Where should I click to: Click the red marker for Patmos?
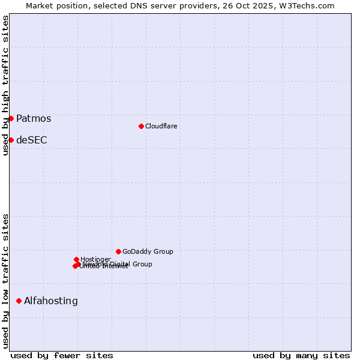pyautogui.click(x=11, y=118)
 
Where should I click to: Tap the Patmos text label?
pyautogui.click(x=34, y=119)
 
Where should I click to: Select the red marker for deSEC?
pyautogui.click(x=11, y=140)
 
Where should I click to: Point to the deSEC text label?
pyautogui.click(x=32, y=140)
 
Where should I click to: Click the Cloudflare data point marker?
pyautogui.click(x=141, y=126)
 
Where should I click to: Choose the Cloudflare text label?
pyautogui.click(x=161, y=127)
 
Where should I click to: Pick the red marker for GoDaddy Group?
pyautogui.click(x=118, y=251)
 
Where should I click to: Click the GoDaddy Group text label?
pyautogui.click(x=148, y=252)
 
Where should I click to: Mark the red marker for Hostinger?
pyautogui.click(x=76, y=259)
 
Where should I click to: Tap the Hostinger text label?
pyautogui.click(x=95, y=259)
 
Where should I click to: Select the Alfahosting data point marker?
pyautogui.click(x=19, y=301)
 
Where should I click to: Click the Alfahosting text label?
pyautogui.click(x=51, y=301)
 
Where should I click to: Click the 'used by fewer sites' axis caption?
pyautogui.click(x=62, y=356)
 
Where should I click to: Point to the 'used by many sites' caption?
pyautogui.click(x=301, y=356)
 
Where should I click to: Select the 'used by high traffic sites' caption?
pyautogui.click(x=5, y=85)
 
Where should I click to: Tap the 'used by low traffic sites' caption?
pyautogui.click(x=5, y=281)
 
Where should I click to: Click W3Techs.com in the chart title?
pyautogui.click(x=310, y=5)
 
